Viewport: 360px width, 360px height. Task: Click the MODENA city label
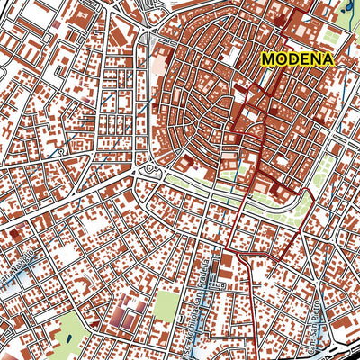(297, 58)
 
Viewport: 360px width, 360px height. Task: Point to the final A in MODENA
(327, 58)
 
